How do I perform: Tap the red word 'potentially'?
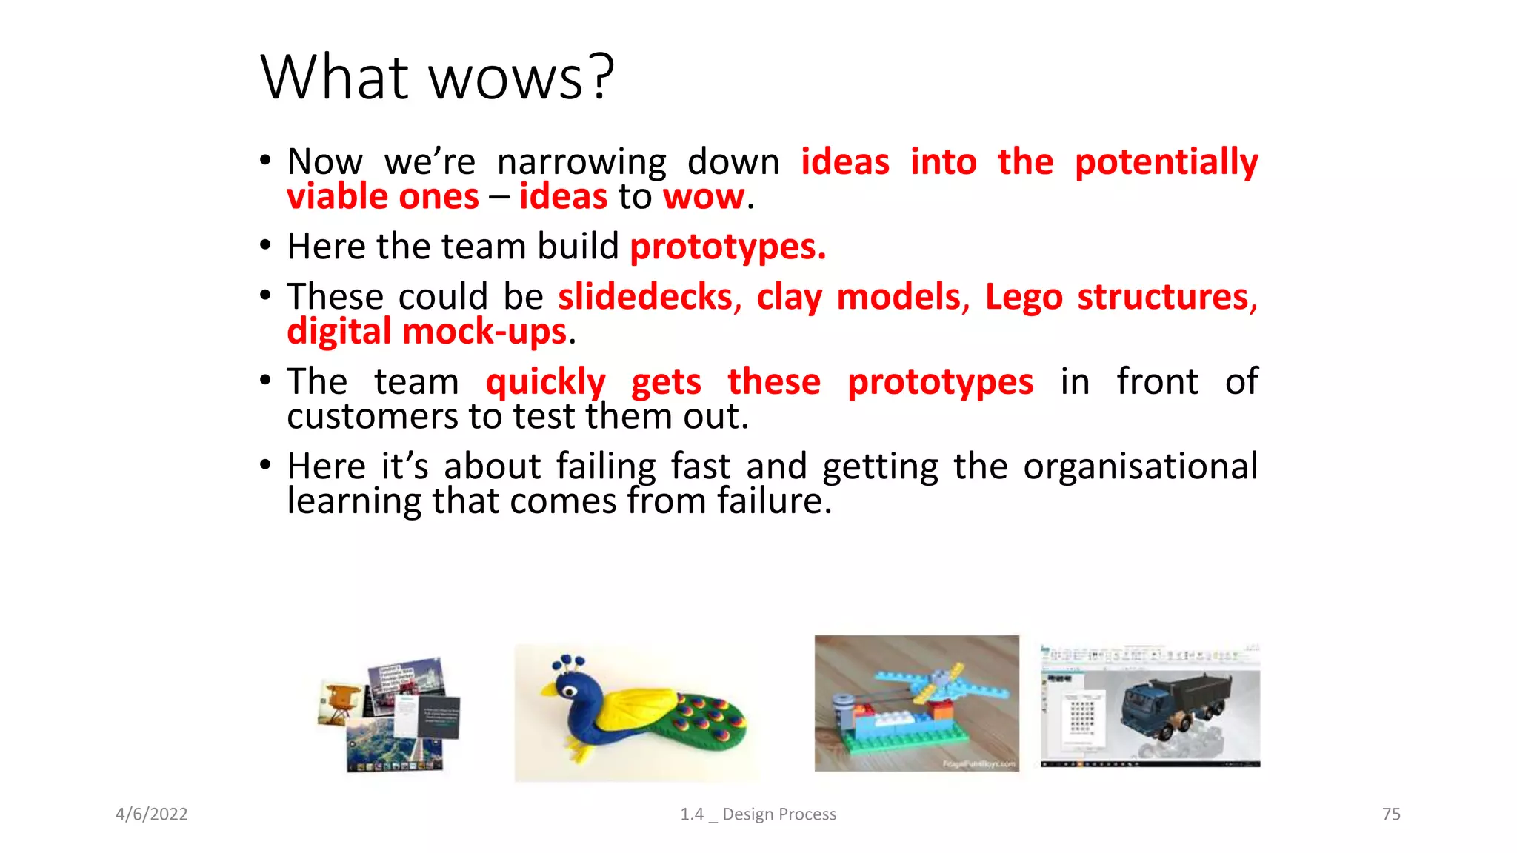tap(1166, 163)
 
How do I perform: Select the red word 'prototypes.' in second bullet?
tap(727, 247)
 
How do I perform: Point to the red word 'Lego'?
tap(1023, 298)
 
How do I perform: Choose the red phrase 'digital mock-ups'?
tap(427, 332)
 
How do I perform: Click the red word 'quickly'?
tap(545, 383)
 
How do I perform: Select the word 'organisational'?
tap(1140, 467)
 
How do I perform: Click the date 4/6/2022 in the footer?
tap(152, 814)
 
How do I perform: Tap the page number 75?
tap(1390, 814)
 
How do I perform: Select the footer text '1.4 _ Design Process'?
tap(758, 814)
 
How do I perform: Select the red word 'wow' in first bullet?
tap(703, 198)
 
